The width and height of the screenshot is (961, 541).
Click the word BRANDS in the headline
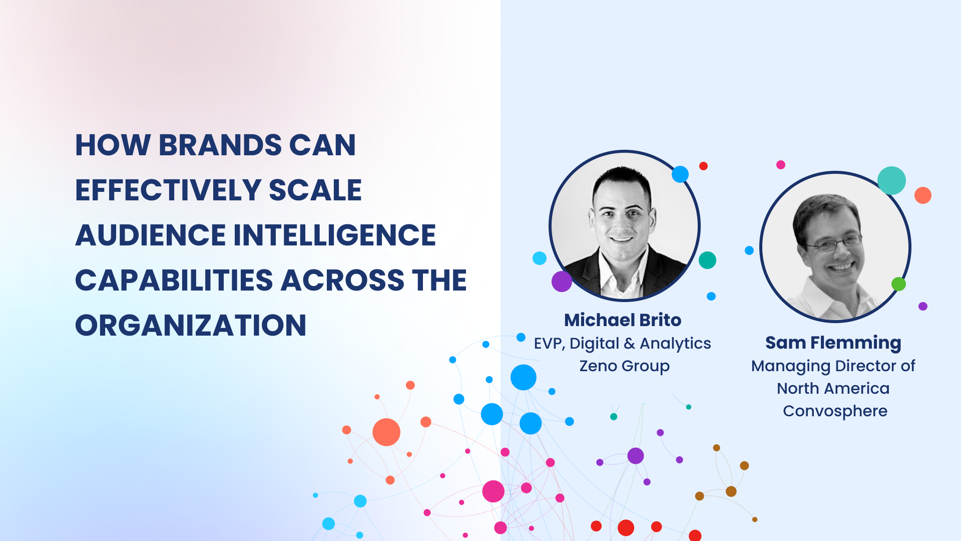pyautogui.click(x=220, y=145)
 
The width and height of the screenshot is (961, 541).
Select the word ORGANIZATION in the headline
pyautogui.click(x=191, y=325)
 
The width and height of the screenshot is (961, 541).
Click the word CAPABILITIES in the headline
pyautogui.click(x=174, y=280)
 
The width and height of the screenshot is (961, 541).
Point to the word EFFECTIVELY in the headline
pyautogui.click(x=168, y=190)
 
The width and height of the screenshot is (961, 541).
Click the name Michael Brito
pyautogui.click(x=623, y=320)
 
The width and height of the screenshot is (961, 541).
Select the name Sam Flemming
pyautogui.click(x=833, y=343)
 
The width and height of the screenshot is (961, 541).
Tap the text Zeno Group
pyautogui.click(x=624, y=366)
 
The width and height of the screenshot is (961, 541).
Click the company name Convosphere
pyautogui.click(x=835, y=411)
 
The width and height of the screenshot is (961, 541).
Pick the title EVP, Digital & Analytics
pyautogui.click(x=622, y=344)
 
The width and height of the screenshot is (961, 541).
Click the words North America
pyautogui.click(x=833, y=388)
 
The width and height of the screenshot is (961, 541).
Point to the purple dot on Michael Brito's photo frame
pyautogui.click(x=562, y=282)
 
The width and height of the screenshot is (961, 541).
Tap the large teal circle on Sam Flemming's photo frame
pyautogui.click(x=891, y=180)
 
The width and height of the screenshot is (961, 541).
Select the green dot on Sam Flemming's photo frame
pyautogui.click(x=898, y=284)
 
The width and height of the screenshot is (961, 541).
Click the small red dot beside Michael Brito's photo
pyautogui.click(x=703, y=166)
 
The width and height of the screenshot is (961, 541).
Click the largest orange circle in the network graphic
pyautogui.click(x=386, y=432)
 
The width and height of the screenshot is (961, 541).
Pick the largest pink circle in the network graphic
pyautogui.click(x=493, y=491)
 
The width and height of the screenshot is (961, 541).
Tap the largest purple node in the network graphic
pyautogui.click(x=635, y=456)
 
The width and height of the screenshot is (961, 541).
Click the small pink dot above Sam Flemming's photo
pyautogui.click(x=781, y=165)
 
